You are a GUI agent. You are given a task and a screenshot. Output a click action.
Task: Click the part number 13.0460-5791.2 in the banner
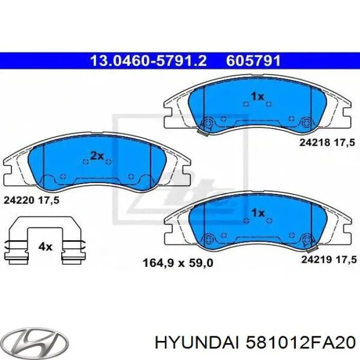[148, 61]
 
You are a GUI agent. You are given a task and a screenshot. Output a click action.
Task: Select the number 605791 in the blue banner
[253, 61]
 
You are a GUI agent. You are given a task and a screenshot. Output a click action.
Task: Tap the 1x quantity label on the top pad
[257, 96]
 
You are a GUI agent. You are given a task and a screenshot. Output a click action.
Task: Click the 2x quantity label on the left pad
[97, 155]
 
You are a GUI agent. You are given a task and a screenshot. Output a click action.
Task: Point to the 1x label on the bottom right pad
[257, 213]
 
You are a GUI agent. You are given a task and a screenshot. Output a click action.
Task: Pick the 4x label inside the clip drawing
[46, 246]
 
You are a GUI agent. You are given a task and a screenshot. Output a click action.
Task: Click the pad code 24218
[315, 143]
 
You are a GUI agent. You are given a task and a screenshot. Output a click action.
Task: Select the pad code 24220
[19, 202]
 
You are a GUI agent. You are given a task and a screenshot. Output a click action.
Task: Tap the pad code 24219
[315, 260]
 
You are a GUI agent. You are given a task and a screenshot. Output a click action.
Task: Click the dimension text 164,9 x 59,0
[176, 264]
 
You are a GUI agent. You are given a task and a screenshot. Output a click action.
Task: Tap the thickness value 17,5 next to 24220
[49, 202]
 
